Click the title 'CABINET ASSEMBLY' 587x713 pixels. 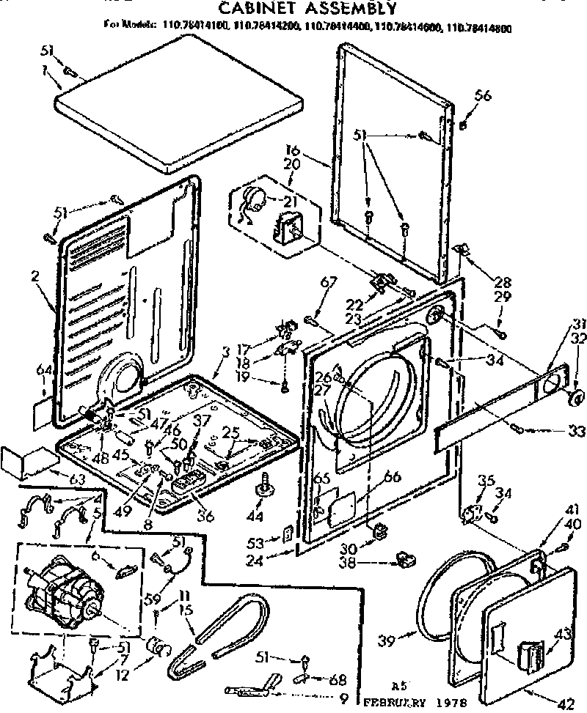pos(308,9)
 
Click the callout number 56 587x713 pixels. pos(482,95)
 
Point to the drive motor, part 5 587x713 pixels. pos(66,586)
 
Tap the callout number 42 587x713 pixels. pos(564,704)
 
